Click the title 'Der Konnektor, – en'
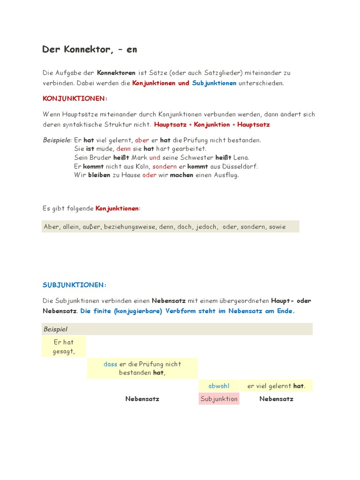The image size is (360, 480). pos(90,49)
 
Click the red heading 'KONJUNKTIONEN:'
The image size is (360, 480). pos(75,98)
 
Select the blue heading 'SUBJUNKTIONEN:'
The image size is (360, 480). pos(75,285)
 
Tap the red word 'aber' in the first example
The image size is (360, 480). pos(142,140)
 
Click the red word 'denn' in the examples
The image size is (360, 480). pos(124,149)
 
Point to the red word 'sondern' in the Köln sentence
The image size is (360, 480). pos(165,166)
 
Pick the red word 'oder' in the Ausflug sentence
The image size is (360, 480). pos(149,175)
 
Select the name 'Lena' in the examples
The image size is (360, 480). pos(241,157)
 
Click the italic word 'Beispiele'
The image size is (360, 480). pos(56,140)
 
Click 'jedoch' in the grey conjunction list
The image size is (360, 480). pos(207,227)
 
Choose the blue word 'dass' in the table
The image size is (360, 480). pos(110,364)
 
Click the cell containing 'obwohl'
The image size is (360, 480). pos(219,386)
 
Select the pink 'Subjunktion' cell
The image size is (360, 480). pos(219,399)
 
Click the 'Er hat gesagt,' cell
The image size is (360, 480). pos(64,347)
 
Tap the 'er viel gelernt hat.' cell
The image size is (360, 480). pos(276,386)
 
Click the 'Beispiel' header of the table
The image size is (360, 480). pos(55,329)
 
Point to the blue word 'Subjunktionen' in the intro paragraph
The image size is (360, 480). pos(214,83)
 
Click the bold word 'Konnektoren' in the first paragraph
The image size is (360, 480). pos(116,73)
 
